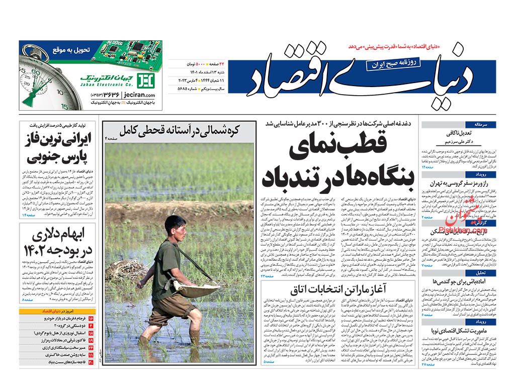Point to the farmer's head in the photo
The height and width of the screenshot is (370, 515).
pyautogui.click(x=176, y=225)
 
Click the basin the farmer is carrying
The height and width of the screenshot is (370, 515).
pyautogui.click(x=198, y=290)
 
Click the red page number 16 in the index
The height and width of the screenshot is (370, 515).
pyautogui.click(x=91, y=319)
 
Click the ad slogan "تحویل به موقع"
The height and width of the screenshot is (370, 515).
pyautogui.click(x=70, y=50)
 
